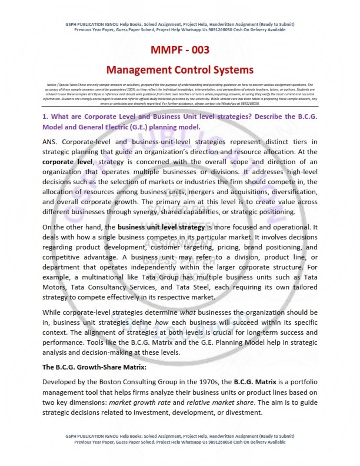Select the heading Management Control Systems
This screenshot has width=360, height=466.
click(180, 70)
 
